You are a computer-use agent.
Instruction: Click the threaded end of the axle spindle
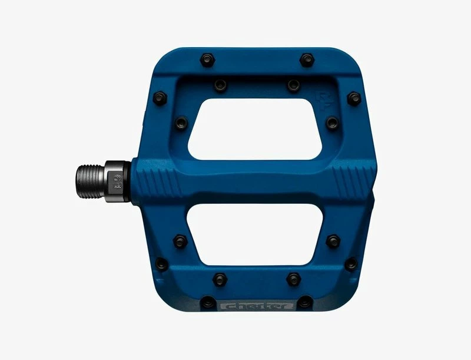pos(88,179)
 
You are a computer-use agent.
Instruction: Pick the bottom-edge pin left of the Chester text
pos(207,303)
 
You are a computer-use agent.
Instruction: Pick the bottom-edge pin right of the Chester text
pos(304,303)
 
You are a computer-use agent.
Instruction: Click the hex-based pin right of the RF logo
pos(353,98)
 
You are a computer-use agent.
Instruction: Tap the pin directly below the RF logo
pos(332,123)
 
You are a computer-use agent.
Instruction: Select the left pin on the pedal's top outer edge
pos(207,60)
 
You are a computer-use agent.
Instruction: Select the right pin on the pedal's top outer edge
pos(307,60)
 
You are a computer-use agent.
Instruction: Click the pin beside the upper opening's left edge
pos(181,123)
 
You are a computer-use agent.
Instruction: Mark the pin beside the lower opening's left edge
pos(180,241)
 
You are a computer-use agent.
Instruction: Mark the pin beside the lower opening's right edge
pos(333,241)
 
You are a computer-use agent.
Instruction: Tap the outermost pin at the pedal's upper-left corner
pos(160,98)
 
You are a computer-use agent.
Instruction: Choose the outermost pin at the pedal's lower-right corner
pos(351,263)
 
